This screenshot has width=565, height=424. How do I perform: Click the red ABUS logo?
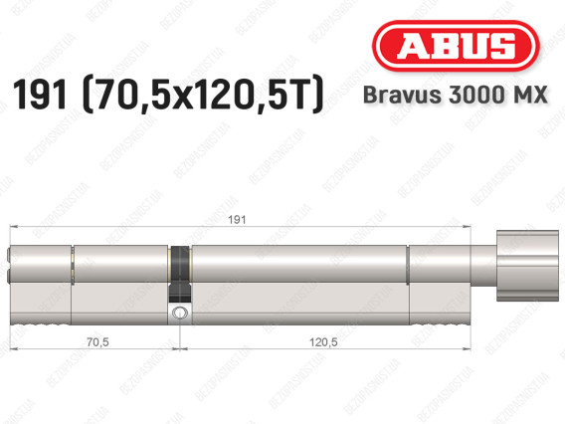tap(456, 46)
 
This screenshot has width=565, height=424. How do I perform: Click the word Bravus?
tap(402, 95)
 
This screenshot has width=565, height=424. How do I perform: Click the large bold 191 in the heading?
tap(40, 95)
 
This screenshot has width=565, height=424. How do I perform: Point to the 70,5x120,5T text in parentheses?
tap(203, 95)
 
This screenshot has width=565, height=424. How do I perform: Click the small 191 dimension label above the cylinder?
tap(237, 220)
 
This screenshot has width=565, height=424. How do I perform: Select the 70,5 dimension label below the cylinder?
tap(97, 341)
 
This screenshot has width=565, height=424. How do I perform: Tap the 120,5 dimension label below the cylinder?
tap(323, 341)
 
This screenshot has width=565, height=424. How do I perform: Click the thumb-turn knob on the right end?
tap(527, 266)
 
